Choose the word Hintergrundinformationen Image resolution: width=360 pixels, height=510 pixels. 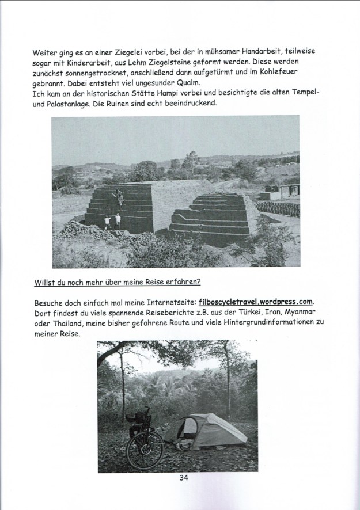click(255, 322)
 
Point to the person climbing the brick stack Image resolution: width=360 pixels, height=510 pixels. click(120, 197)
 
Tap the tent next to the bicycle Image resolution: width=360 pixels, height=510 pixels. click(199, 430)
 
